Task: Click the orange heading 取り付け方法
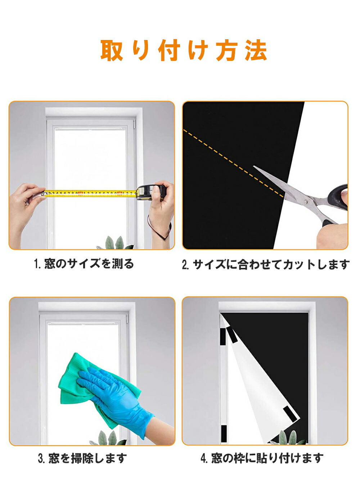pos(184,50)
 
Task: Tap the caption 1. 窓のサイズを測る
pos(84,264)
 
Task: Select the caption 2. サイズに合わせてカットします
pos(266,264)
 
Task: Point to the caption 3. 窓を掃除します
pos(82,458)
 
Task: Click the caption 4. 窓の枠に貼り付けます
pos(262,458)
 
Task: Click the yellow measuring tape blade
pos(90,194)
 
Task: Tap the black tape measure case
pos(151,192)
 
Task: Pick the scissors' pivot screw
pos(306,201)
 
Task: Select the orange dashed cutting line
pos(233,163)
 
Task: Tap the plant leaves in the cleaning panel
pos(109,438)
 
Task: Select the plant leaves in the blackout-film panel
pos(289,437)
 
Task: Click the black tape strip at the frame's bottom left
pos(224,434)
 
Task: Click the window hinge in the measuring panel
pos(134,123)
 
